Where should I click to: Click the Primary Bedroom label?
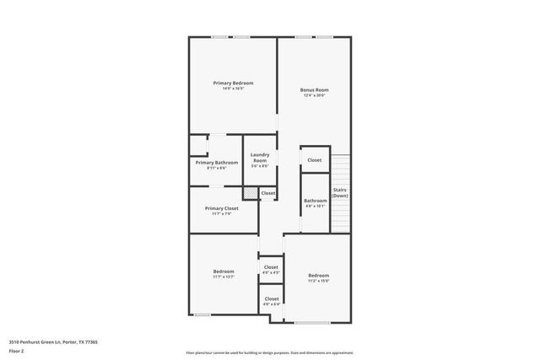click(234, 83)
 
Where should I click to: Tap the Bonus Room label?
click(315, 90)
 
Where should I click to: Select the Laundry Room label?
click(260, 157)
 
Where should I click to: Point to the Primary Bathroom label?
click(217, 163)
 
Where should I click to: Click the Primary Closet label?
click(222, 208)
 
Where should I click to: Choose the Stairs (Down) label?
click(340, 192)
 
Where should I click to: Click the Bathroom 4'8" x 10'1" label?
click(316, 201)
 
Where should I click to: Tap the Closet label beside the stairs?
click(315, 160)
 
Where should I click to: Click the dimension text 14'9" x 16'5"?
click(234, 89)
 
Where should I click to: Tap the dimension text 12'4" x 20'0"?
click(315, 95)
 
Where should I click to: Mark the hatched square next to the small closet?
click(251, 193)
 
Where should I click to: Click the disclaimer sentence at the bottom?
click(269, 352)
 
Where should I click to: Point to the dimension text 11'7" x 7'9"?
click(222, 213)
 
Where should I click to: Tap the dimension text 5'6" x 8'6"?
click(260, 166)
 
